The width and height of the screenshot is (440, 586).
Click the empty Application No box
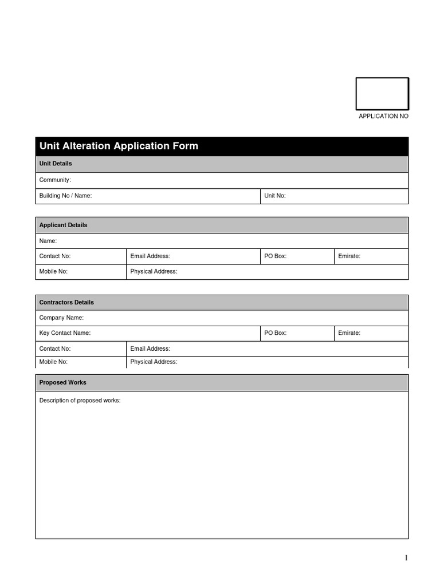(382, 93)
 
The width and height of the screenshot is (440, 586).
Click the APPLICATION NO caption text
(383, 116)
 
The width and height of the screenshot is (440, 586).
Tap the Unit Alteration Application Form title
(119, 146)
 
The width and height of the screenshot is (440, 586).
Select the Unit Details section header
(56, 164)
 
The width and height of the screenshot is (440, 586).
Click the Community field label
(55, 180)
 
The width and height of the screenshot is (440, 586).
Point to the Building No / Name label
(65, 196)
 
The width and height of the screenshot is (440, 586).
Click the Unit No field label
(274, 196)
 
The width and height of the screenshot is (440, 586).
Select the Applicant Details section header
(63, 225)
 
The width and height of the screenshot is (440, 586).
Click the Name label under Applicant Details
(48, 241)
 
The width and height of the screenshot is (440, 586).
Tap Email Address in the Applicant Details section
(150, 256)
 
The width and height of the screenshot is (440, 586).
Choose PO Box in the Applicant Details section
(275, 256)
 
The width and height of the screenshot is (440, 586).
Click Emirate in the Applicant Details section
(349, 256)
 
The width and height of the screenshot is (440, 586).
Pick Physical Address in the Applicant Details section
(154, 272)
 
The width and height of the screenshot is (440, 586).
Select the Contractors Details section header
(66, 303)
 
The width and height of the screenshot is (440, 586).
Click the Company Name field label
(61, 318)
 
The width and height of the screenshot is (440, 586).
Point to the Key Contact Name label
(65, 333)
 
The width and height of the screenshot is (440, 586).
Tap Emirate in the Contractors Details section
(349, 333)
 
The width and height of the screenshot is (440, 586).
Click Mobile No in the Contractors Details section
(53, 362)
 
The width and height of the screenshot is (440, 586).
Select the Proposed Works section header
(62, 382)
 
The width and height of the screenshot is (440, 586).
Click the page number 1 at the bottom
(406, 558)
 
